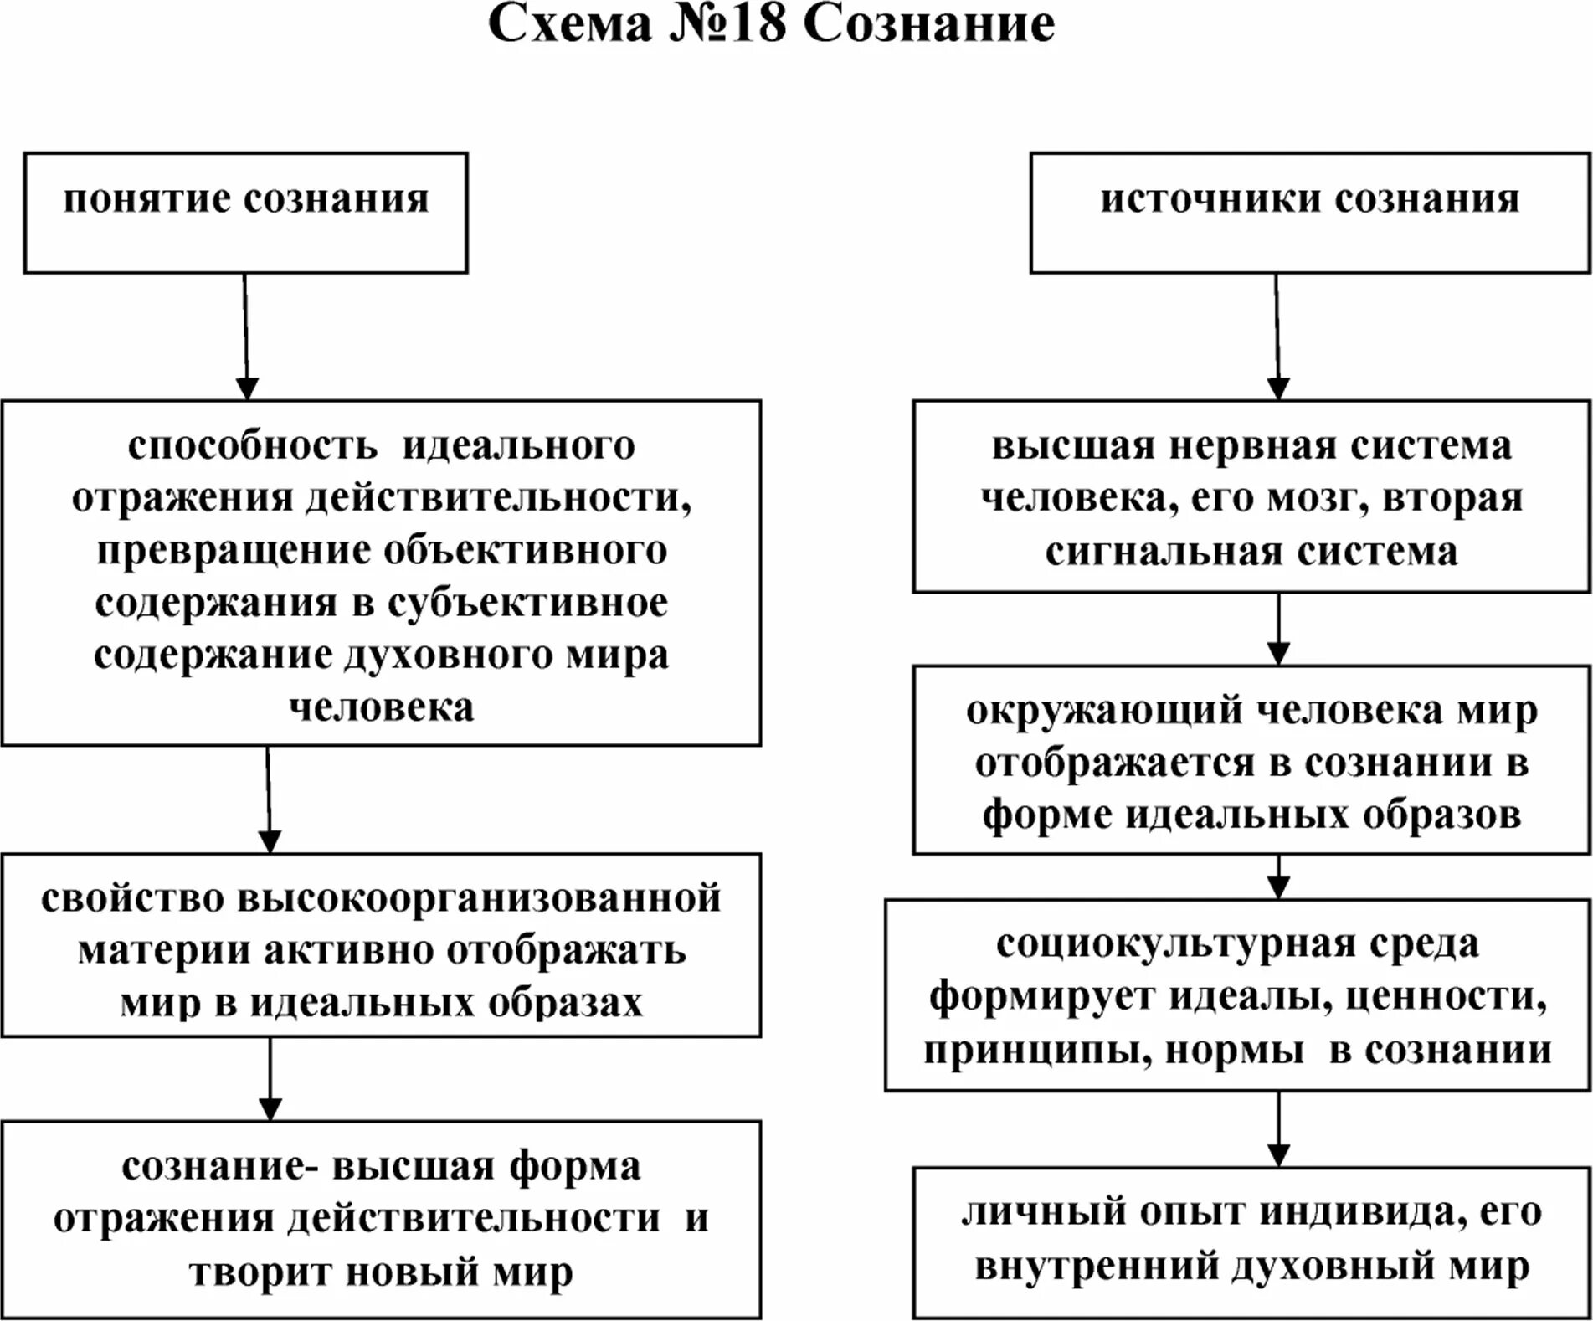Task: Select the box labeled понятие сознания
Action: pyautogui.click(x=245, y=213)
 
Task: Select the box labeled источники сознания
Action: pyautogui.click(x=1309, y=213)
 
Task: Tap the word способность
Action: pyautogui.click(x=252, y=445)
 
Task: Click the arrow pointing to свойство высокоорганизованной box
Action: pyautogui.click(x=269, y=799)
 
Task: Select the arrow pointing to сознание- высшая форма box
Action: pyautogui.click(x=270, y=1079)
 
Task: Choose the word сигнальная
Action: pyautogui.click(x=1164, y=552)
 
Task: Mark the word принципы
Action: pyautogui.click(x=1030, y=1050)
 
